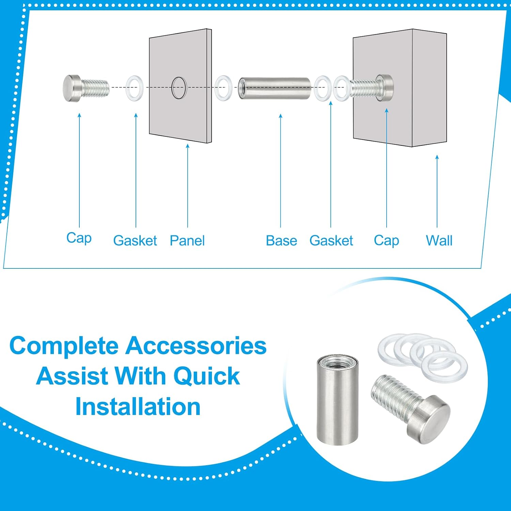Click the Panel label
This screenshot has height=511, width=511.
tap(187, 241)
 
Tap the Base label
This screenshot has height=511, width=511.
tap(281, 241)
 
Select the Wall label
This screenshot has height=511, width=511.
tap(439, 241)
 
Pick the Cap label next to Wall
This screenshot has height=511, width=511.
tap(386, 241)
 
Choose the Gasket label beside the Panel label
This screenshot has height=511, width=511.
tap(135, 241)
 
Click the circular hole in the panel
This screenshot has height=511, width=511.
tap(179, 88)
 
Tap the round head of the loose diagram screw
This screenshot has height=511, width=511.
tap(71, 88)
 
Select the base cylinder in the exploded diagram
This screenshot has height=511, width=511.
tap(274, 88)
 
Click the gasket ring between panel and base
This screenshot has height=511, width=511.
tap(223, 88)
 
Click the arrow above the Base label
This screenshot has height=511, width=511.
tap(281, 170)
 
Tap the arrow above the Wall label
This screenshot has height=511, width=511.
tap(437, 191)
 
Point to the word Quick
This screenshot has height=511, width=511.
tap(206, 376)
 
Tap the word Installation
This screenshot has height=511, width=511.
tap(138, 407)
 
